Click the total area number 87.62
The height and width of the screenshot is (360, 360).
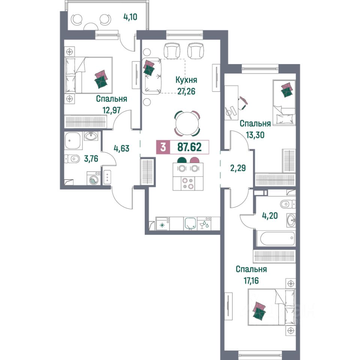190,147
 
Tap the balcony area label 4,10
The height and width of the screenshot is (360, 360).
130,17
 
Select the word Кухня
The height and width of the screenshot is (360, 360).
186,80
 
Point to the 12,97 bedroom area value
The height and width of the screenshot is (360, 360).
112,110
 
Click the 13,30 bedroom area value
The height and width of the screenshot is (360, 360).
255,135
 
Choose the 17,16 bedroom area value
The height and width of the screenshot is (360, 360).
251,280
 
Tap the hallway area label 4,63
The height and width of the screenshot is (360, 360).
121,148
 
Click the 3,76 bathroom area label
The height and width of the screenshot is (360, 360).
91,158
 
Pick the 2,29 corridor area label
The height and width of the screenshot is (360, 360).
238,168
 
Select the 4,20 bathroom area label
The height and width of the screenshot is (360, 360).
270,216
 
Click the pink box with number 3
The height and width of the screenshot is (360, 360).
163,147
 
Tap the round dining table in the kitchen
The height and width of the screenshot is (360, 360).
187,123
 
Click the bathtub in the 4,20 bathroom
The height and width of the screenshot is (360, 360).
277,238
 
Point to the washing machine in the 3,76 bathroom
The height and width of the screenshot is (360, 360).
94,178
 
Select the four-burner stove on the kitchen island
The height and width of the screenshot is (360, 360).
188,183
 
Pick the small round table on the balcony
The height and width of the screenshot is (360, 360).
91,27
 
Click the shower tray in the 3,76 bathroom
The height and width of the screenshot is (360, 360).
72,141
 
